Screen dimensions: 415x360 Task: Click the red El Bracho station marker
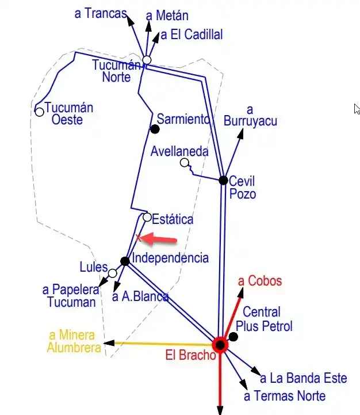click(x=220, y=344)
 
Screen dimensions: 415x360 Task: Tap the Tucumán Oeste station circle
click(x=39, y=112)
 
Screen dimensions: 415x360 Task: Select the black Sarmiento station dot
click(x=154, y=128)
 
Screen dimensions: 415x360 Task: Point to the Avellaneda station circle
click(x=184, y=163)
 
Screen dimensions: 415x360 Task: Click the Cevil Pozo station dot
click(x=223, y=180)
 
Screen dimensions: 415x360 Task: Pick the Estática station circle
click(x=147, y=218)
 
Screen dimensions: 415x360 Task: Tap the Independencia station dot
click(x=125, y=261)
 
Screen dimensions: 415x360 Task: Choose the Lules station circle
click(x=113, y=273)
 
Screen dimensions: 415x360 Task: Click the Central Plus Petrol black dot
click(x=233, y=336)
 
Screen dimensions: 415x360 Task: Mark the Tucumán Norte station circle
click(x=147, y=60)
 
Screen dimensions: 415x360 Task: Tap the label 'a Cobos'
click(x=260, y=281)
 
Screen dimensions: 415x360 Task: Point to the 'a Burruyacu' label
click(x=250, y=115)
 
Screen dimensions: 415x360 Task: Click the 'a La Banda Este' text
click(x=304, y=378)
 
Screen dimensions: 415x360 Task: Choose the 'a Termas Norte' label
click(x=285, y=396)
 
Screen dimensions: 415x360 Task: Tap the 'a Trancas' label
click(x=101, y=13)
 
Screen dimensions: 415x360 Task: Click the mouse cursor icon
click(x=357, y=109)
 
